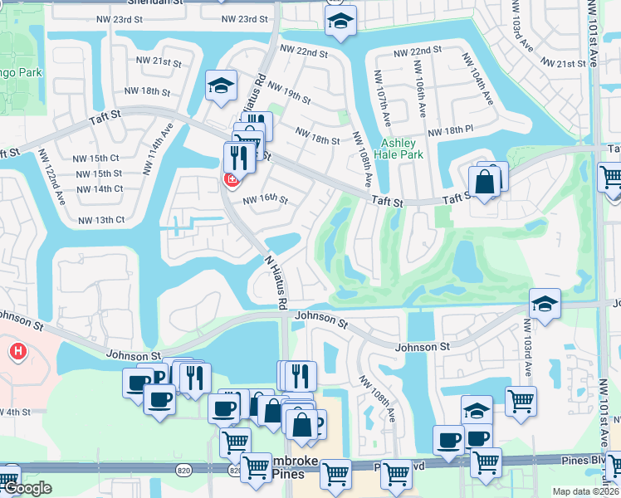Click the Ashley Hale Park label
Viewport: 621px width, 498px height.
[402, 149]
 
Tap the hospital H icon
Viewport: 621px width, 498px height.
[17, 353]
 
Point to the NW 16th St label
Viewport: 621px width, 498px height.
[265, 200]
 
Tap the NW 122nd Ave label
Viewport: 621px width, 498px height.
[60, 187]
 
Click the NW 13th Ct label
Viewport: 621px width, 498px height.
[101, 220]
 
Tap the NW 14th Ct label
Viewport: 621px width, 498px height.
[98, 188]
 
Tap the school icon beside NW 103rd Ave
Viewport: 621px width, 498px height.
[545, 304]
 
